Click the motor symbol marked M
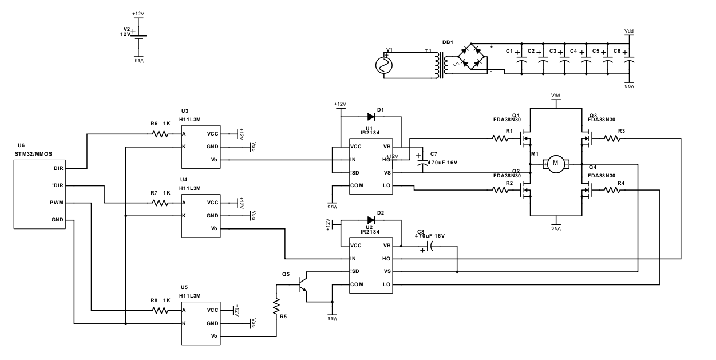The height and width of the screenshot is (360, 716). (x=555, y=164)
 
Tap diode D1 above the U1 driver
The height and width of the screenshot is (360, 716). (x=370, y=117)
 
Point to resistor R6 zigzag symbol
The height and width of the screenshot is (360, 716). (x=160, y=134)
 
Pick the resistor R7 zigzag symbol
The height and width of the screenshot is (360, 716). (x=160, y=203)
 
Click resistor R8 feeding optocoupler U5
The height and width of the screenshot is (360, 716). (x=160, y=310)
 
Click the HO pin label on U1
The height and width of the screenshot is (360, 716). (x=387, y=159)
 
